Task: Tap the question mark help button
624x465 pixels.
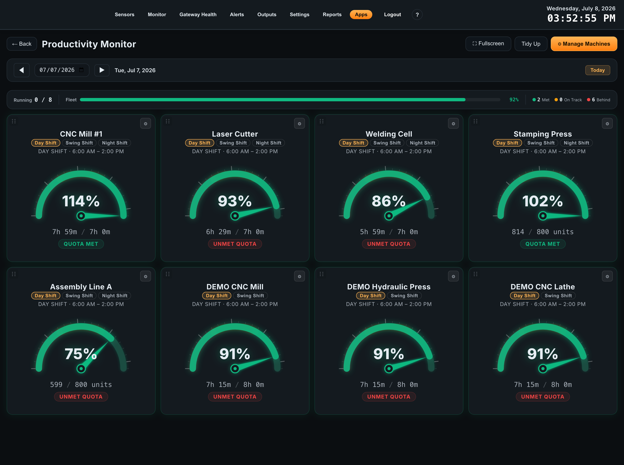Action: (417, 15)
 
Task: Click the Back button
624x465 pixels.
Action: (22, 44)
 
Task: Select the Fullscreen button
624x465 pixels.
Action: (488, 44)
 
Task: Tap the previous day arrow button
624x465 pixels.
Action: (22, 70)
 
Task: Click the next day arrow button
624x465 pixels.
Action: (102, 70)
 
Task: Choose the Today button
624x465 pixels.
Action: (598, 70)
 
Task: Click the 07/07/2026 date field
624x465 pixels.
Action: (62, 70)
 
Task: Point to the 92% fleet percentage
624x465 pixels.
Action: (514, 100)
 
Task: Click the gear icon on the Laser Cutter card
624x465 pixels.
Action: (300, 124)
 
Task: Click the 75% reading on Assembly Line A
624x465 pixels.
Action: (81, 354)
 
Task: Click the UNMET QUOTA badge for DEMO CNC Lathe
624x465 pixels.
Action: (542, 397)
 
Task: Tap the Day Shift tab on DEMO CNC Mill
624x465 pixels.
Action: (217, 296)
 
